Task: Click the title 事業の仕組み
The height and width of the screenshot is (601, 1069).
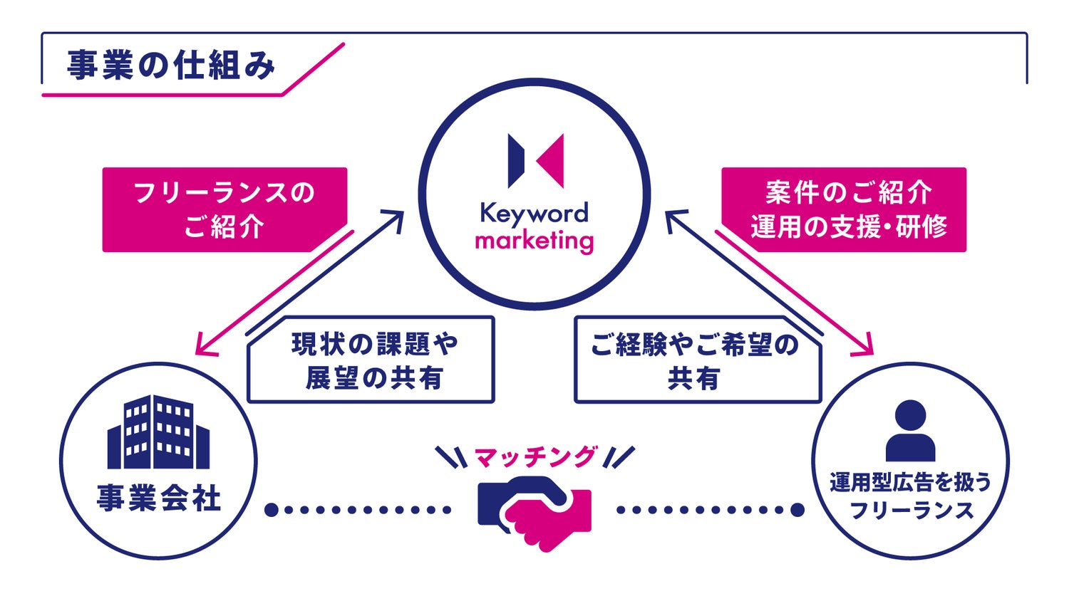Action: coord(170,66)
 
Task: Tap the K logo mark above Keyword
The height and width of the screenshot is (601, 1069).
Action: coord(536,160)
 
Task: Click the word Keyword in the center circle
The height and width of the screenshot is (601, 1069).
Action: coord(534,213)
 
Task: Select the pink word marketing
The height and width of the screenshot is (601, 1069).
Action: coord(534,241)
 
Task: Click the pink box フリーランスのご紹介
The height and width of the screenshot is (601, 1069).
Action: coord(224,209)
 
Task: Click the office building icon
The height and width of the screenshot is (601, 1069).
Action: coord(158,432)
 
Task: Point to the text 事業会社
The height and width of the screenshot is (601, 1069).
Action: coord(158,498)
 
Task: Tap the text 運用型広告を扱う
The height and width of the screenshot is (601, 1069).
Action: coord(910,483)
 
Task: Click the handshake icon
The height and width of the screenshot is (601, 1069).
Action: coord(534,510)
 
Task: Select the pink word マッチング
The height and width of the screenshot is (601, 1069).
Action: coord(534,456)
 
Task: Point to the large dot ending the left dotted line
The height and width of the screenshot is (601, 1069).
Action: coord(271,510)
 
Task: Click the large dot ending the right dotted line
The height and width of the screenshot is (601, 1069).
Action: coord(797,510)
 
